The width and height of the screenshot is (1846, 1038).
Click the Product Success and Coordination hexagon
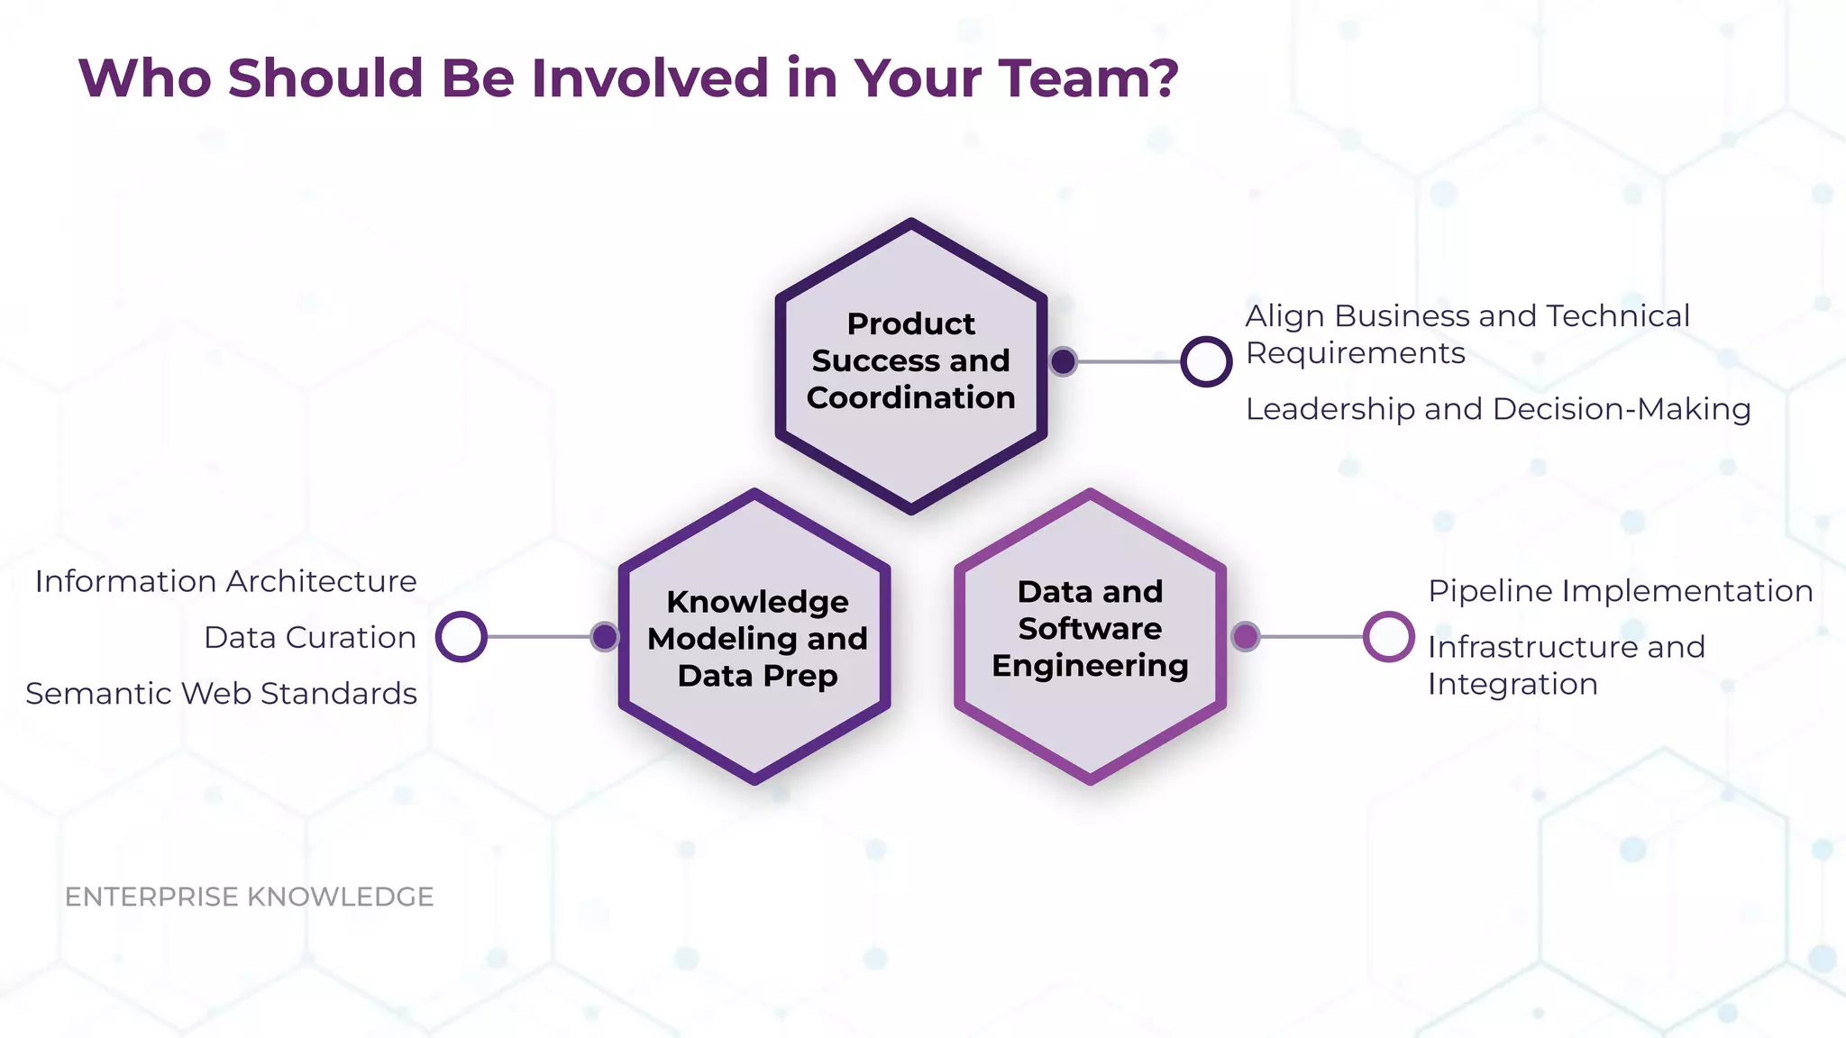[910, 366]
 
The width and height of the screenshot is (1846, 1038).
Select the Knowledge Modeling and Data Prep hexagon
[755, 637]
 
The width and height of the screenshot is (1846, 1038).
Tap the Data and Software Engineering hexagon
[1090, 637]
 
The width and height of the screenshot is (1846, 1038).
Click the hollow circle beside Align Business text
[1206, 361]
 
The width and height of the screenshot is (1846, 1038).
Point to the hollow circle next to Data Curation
[461, 637]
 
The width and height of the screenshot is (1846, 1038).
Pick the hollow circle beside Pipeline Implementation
[1388, 637]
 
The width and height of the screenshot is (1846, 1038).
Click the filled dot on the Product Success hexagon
[1064, 361]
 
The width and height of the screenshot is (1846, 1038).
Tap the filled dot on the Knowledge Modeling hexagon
[605, 637]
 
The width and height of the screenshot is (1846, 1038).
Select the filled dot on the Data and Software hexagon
[1246, 637]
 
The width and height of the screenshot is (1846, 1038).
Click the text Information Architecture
[225, 582]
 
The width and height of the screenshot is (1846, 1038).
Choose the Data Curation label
[310, 638]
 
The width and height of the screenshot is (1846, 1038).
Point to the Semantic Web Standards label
[222, 694]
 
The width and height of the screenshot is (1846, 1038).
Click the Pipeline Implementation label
[1621, 591]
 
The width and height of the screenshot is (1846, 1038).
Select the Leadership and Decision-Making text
[1498, 410]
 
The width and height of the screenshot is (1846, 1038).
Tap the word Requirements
[1356, 353]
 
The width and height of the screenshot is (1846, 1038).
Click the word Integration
[1512, 685]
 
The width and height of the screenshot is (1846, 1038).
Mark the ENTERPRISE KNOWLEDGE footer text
[250, 897]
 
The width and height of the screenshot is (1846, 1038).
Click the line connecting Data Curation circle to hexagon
[538, 637]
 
